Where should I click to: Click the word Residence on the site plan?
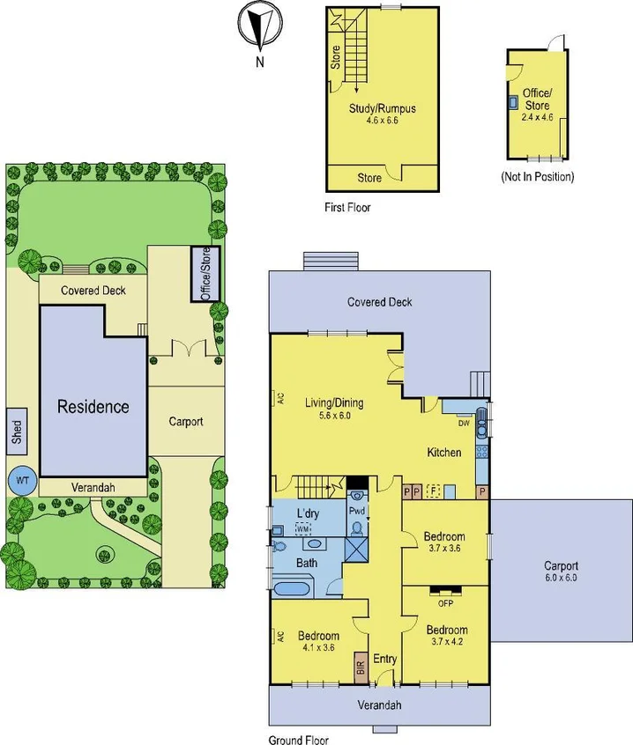pos(93,407)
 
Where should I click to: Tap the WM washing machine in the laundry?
pos(303,528)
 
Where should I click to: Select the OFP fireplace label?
pos(445,603)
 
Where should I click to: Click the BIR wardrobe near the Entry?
pos(361,666)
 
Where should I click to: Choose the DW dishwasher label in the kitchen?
pos(464,423)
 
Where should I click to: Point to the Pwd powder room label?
pos(356,510)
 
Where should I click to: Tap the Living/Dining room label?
pos(334,403)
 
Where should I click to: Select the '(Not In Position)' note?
pos(537,176)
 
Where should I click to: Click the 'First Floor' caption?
pos(347,208)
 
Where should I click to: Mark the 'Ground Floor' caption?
pos(298,740)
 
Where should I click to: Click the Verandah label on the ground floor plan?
pos(379,705)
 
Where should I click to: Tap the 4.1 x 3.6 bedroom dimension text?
pos(318,648)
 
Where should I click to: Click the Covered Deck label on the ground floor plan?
pos(379,302)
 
